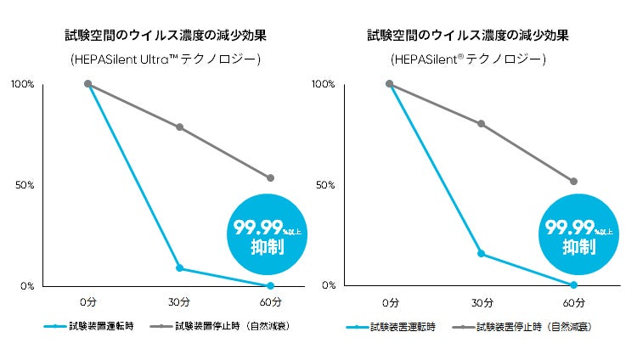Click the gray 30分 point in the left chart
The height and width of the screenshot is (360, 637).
(179, 127)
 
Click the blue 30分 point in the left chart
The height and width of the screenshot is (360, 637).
(179, 268)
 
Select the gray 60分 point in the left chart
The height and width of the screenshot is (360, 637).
(270, 178)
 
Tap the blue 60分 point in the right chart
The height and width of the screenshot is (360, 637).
(573, 284)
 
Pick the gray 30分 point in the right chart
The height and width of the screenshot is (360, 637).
(481, 124)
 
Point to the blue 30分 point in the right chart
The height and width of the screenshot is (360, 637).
(481, 254)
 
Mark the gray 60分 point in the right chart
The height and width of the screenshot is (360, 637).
(573, 181)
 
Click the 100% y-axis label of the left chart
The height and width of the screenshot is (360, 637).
(22, 84)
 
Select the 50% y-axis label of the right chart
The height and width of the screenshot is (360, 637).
(324, 185)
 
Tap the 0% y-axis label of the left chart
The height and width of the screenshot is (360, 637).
(26, 286)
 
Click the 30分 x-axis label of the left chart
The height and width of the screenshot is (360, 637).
(179, 302)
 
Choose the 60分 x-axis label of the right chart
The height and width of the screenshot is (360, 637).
(573, 302)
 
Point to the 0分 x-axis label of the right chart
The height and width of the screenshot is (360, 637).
(390, 302)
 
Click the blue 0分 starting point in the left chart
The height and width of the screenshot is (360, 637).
(87, 84)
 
